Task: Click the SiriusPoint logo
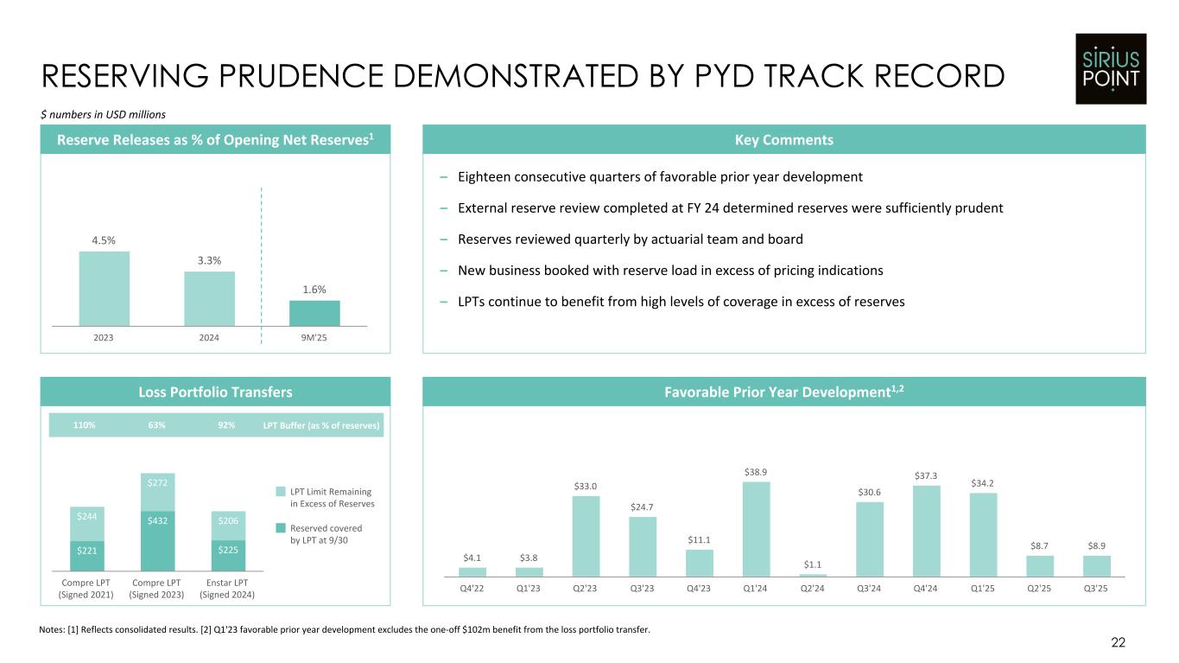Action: [1110, 69]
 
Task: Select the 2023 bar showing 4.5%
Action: [104, 288]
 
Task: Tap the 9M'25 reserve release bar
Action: [314, 313]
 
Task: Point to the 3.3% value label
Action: [209, 260]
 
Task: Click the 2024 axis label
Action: [209, 337]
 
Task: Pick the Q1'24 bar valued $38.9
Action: [756, 528]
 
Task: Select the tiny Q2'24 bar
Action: [813, 575]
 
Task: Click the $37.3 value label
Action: [926, 475]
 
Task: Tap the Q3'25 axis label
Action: [1097, 589]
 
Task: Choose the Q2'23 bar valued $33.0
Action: [586, 535]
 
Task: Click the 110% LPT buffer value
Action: [84, 425]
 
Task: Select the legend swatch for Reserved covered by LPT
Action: [280, 527]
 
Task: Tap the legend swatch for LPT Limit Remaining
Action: [280, 492]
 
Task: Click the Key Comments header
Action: [783, 140]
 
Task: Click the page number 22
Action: [1118, 642]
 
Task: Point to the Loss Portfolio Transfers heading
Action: [216, 392]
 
